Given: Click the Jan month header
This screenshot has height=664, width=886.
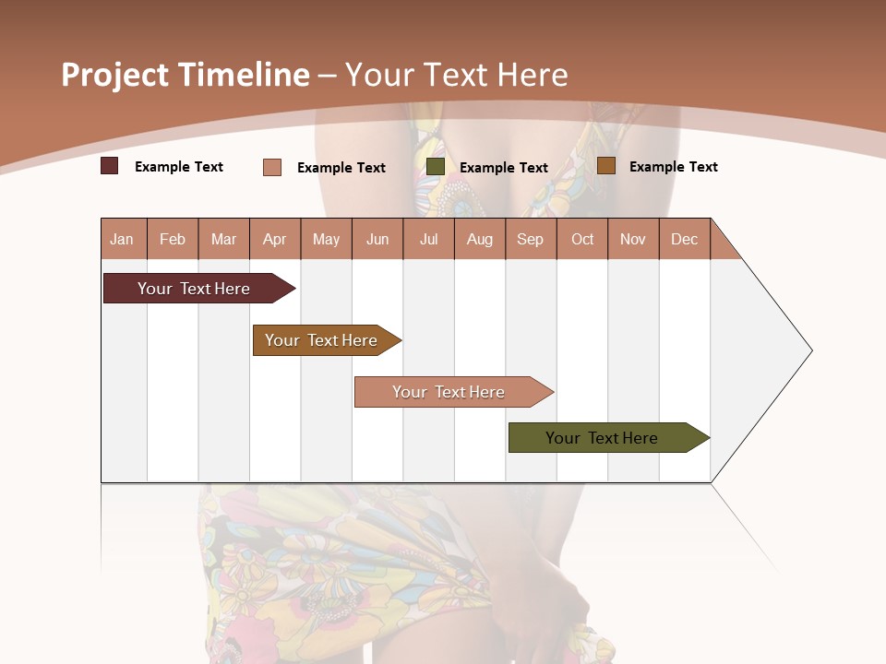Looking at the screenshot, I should coord(122,239).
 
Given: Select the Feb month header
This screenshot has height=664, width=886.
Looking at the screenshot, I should coord(173,239).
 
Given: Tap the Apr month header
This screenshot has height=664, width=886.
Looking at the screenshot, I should coord(275,239).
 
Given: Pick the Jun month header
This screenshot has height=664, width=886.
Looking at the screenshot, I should coord(377,239).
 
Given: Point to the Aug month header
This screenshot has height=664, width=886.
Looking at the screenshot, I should coord(480,239).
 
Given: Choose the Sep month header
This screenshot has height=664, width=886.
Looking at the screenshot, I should coord(531,239).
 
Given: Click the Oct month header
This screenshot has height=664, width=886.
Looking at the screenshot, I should coord(582,239).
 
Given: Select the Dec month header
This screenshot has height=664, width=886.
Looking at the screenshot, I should coord(685,239).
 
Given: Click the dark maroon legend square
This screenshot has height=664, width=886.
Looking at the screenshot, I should coord(109,166).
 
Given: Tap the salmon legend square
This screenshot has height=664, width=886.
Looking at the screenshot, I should coord(271,167).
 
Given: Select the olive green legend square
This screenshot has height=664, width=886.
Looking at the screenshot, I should coord(436,167).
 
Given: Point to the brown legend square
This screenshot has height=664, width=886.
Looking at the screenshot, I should coord(605,166).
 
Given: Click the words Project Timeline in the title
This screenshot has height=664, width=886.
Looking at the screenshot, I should coord(186,75).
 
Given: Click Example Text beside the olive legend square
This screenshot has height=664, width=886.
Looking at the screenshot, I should coord(504,168).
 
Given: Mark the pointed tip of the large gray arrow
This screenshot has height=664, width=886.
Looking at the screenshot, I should coord(810,350).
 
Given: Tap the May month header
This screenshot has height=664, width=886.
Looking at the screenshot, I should coord(326,239).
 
